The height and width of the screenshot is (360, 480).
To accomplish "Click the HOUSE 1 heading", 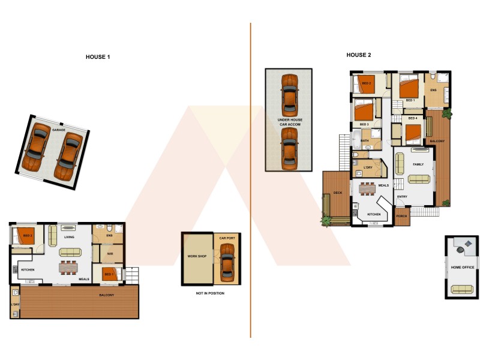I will click(x=98, y=57).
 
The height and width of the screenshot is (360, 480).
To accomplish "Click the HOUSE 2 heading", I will click(x=359, y=55).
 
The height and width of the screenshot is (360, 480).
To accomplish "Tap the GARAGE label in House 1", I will click(x=58, y=130).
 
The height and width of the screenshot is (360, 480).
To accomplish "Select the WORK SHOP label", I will click(x=197, y=256).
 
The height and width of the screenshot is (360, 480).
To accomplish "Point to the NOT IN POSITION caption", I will click(x=210, y=293).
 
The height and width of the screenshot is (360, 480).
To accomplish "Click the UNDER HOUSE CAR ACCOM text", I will click(x=290, y=122).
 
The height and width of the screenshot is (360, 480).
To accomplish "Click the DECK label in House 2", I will click(x=337, y=193).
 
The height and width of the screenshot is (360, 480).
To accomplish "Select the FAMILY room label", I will click(x=418, y=164).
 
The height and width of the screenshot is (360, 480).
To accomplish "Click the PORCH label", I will click(x=401, y=216).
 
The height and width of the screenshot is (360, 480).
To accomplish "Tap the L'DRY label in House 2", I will click(x=368, y=167).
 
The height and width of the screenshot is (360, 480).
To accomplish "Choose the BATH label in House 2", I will click(x=365, y=140).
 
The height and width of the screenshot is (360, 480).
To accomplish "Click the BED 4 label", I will click(x=412, y=119).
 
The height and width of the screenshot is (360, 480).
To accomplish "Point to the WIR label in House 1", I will click(x=110, y=254).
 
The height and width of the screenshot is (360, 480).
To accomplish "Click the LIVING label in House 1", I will click(x=70, y=237).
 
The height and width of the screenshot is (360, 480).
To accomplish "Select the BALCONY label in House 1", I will click(x=107, y=295).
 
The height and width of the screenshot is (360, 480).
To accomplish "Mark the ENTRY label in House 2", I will click(x=402, y=197).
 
